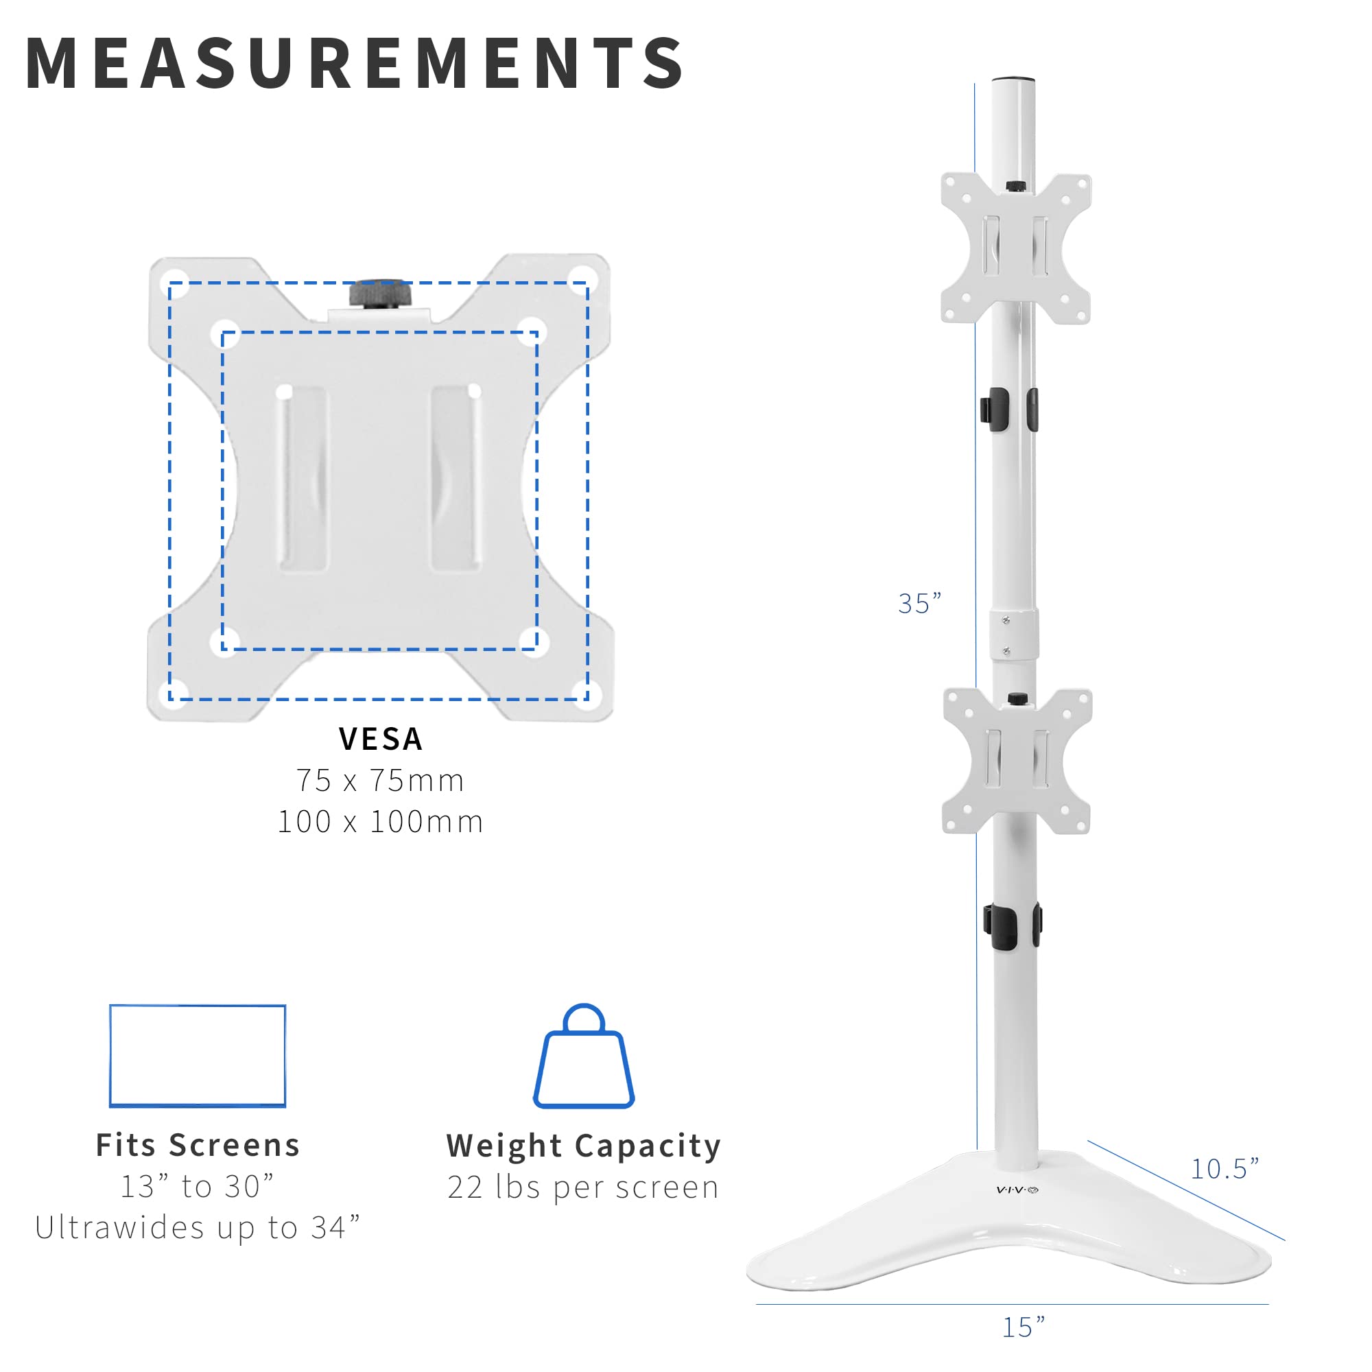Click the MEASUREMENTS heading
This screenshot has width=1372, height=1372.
coord(355,64)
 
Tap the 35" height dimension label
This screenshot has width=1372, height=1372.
coord(919,604)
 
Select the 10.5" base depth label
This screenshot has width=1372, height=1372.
coord(1225,1168)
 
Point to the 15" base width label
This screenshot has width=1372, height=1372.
coord(1024,1327)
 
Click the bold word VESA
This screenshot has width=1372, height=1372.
coord(381,740)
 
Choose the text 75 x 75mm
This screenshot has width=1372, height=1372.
coord(381,781)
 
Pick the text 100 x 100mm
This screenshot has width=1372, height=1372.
coord(381,822)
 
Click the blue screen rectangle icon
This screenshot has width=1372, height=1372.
coord(198,1055)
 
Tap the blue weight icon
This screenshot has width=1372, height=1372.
coord(584,1057)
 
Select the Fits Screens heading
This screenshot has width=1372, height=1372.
coord(198,1146)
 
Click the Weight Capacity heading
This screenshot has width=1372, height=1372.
coord(584,1146)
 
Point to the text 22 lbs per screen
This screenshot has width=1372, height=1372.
coord(584,1187)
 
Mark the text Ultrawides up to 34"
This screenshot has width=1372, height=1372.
coord(198,1227)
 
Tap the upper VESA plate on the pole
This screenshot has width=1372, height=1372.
coord(1015,248)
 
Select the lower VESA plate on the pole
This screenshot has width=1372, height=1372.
coord(1016,761)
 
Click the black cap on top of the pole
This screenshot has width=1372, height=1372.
coord(1013,80)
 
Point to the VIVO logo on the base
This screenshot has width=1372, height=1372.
coord(1017,1190)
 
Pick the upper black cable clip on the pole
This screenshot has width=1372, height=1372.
coord(1008,409)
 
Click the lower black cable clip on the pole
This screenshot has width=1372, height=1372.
coord(1011,926)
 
